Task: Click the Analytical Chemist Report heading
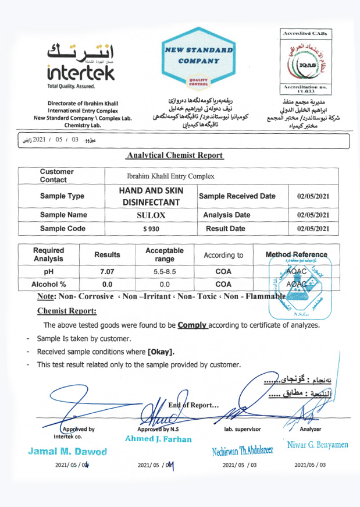coord(174,155)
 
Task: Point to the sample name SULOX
coord(151,215)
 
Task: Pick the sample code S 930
coord(151,229)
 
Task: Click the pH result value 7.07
coord(107,271)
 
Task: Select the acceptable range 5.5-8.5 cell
coord(165,271)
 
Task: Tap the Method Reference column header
coord(296,254)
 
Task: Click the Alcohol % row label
coord(48,284)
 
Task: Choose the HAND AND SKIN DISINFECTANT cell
coord(151,196)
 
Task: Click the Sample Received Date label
coord(237,196)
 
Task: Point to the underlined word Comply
coord(193,325)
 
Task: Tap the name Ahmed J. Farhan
coord(158,438)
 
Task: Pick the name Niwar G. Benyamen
coord(318,445)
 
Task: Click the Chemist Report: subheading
coord(67,311)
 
